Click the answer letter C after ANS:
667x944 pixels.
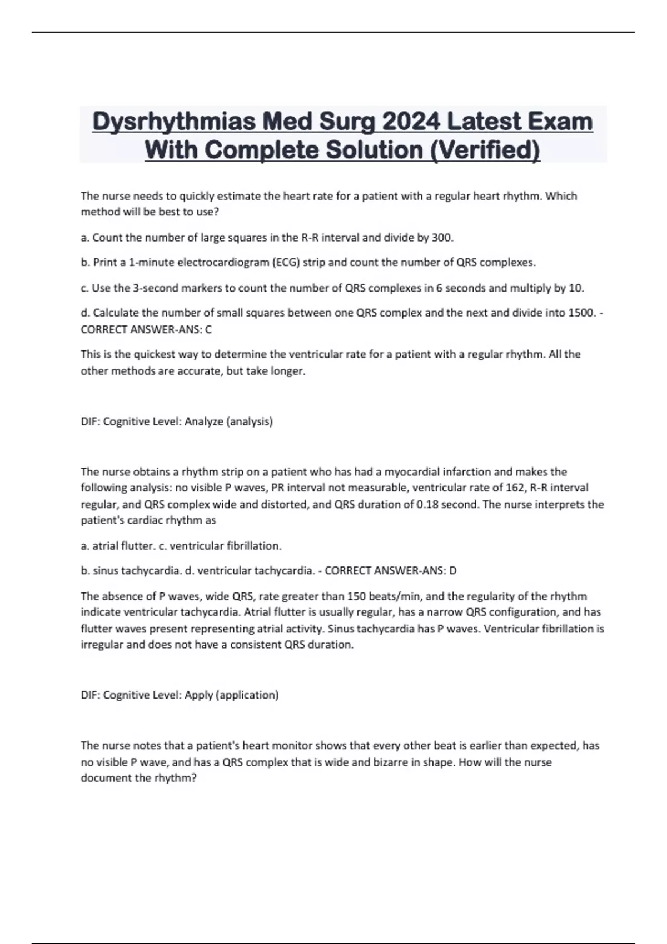208,329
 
